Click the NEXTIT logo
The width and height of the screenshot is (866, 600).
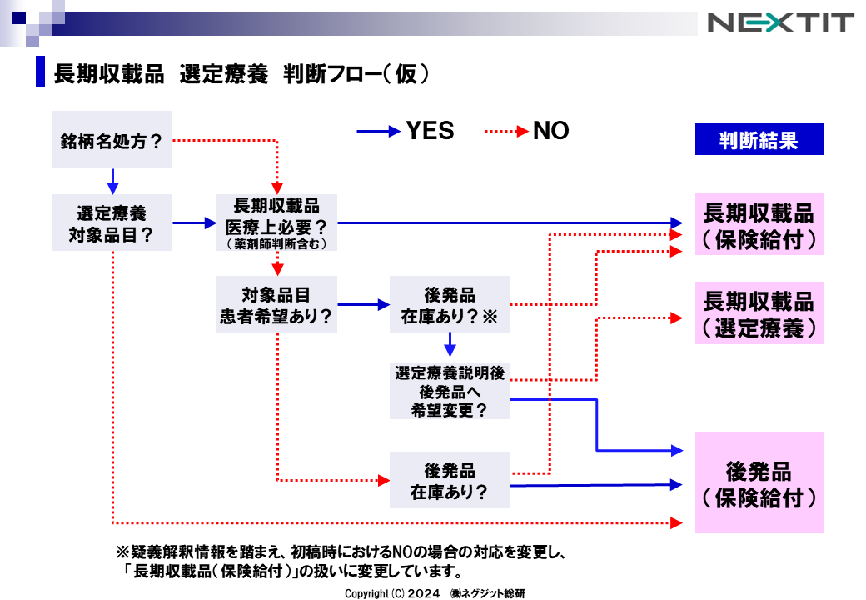click(780, 22)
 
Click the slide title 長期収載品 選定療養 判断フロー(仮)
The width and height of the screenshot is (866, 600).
click(241, 73)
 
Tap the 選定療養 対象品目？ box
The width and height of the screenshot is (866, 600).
click(112, 222)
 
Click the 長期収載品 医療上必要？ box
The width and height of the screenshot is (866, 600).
click(276, 222)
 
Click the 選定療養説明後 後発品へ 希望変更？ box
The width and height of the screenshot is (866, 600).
click(449, 390)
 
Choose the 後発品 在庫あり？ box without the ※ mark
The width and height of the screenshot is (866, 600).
click(449, 480)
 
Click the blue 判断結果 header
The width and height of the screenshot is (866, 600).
click(759, 140)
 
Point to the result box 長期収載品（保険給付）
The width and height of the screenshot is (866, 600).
click(759, 223)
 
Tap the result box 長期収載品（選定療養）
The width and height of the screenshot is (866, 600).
click(759, 313)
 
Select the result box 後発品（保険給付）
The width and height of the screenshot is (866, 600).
click(759, 482)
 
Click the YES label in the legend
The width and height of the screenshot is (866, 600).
click(430, 131)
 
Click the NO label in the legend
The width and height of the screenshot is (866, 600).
click(550, 131)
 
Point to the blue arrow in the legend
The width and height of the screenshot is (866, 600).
click(378, 131)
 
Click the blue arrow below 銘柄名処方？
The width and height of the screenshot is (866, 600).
click(112, 181)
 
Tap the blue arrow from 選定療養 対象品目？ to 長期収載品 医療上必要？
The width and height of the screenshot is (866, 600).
click(193, 222)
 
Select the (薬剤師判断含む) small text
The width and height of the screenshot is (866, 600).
click(276, 244)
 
